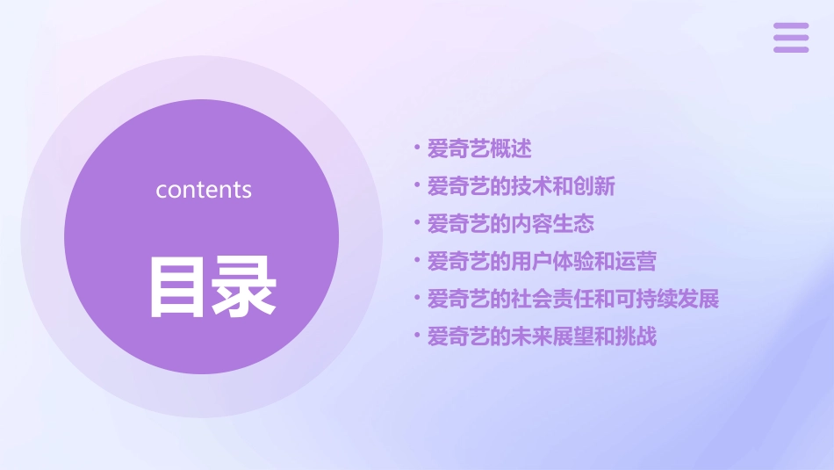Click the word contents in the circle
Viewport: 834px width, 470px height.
click(204, 190)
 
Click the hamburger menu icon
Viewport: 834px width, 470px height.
click(791, 39)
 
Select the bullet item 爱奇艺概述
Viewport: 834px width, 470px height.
click(479, 148)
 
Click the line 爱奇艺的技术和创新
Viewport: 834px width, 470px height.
click(521, 186)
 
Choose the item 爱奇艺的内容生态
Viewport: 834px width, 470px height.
click(510, 224)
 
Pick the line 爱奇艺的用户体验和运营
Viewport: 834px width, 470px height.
click(542, 262)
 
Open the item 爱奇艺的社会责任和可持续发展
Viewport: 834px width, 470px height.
click(573, 300)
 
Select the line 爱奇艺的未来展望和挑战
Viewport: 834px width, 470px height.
click(542, 337)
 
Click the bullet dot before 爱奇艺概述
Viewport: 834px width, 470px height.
click(417, 148)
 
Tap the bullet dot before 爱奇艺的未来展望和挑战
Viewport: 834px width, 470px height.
click(417, 337)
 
